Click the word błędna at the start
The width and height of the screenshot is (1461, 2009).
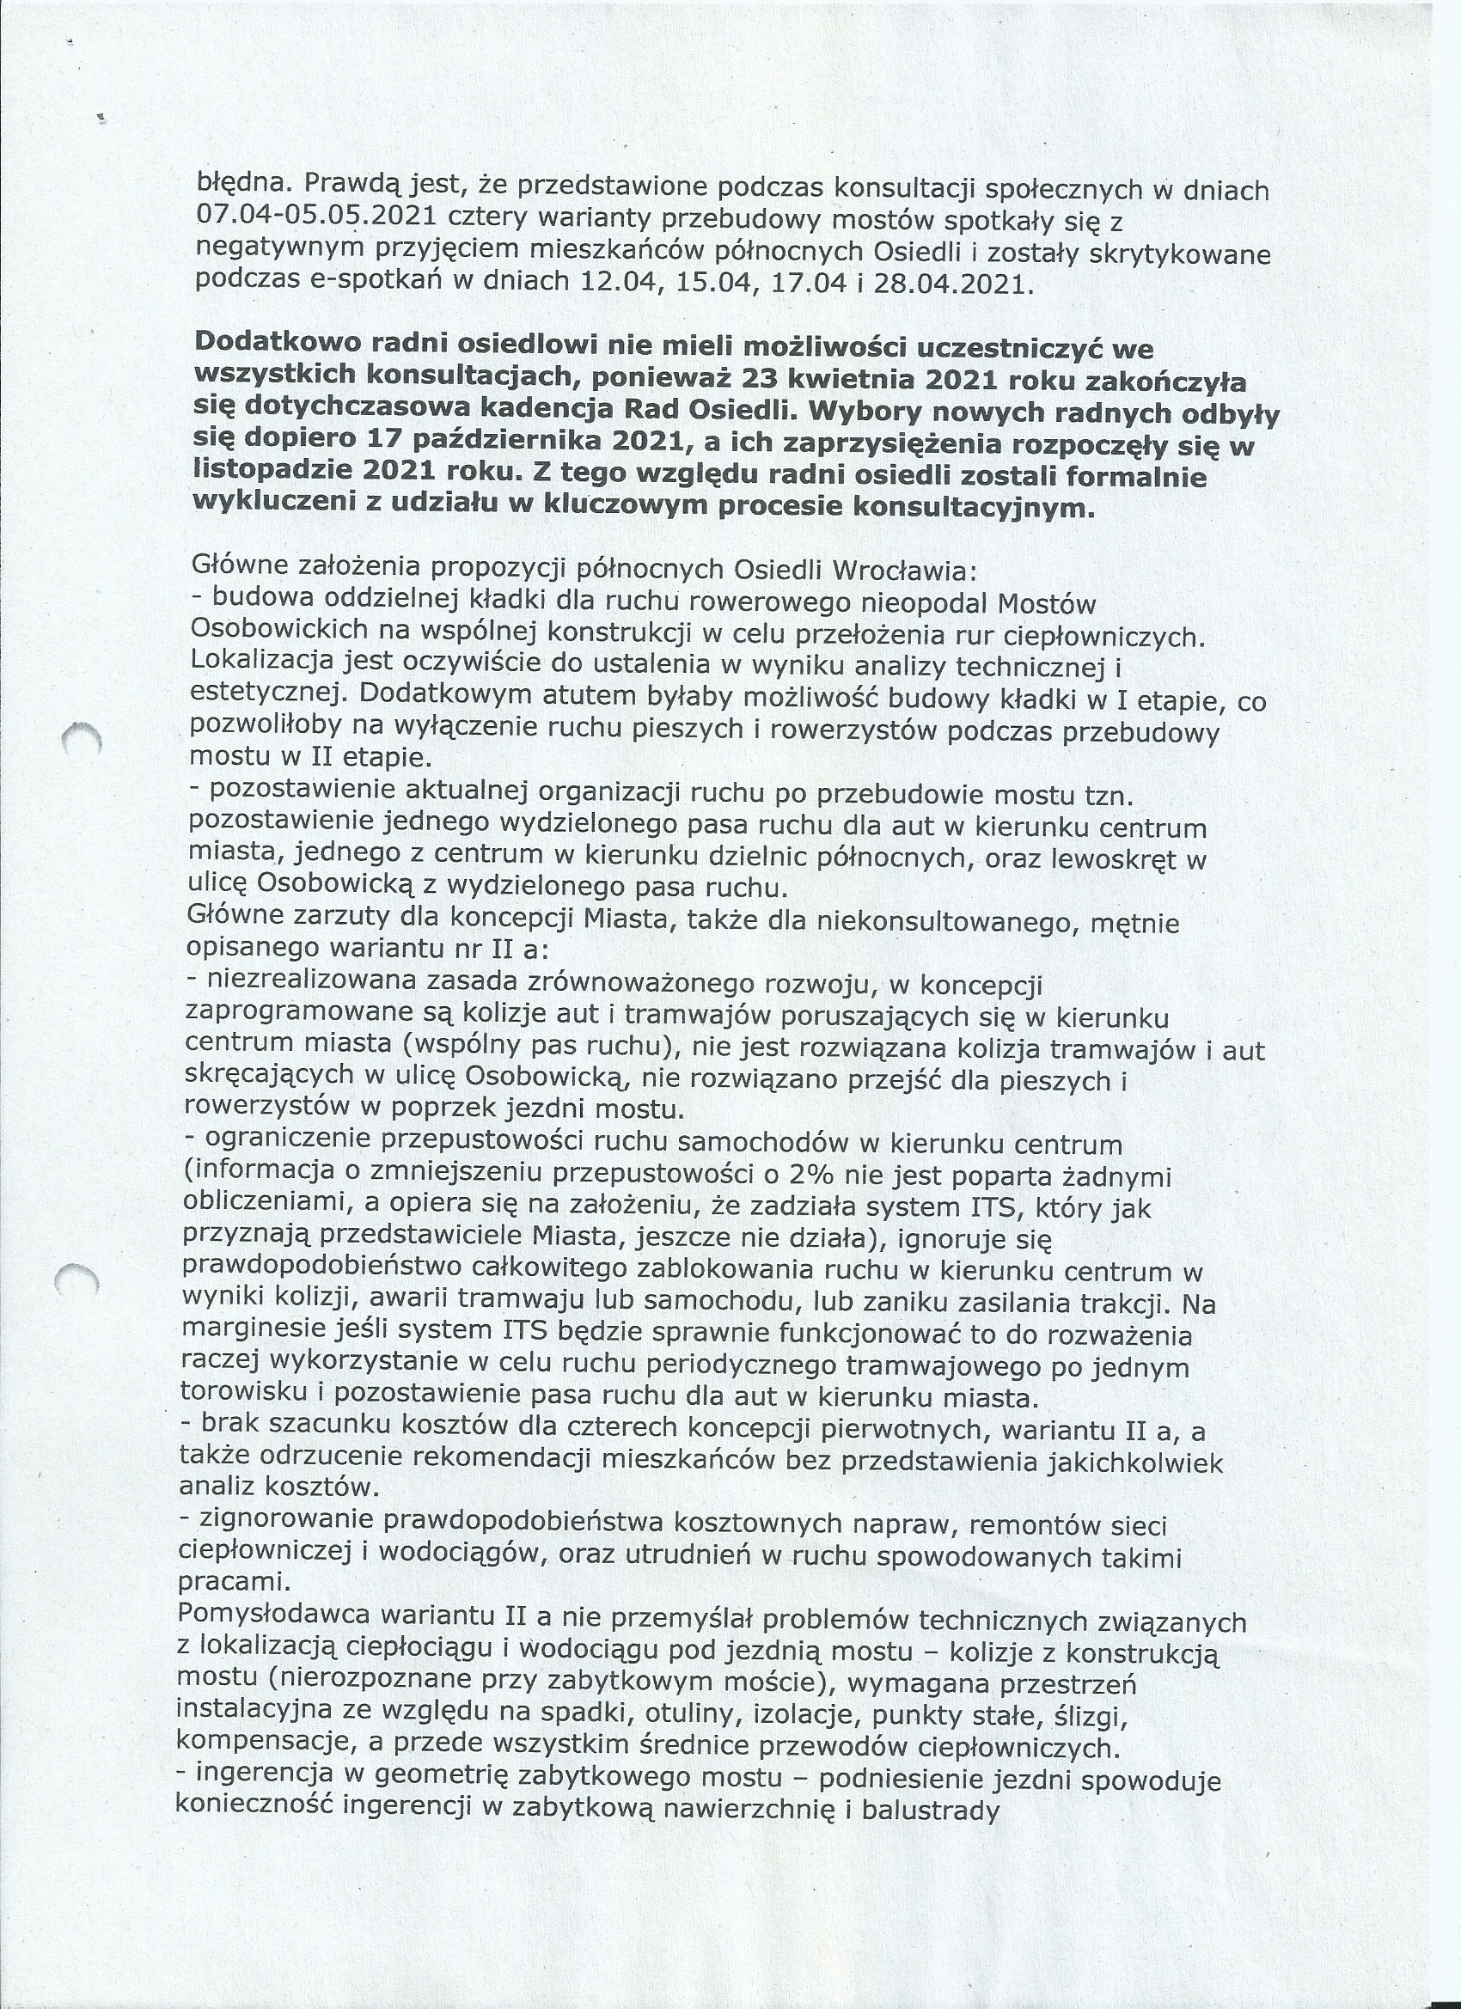pyautogui.click(x=236, y=186)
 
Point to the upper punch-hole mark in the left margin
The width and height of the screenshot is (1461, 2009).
pyautogui.click(x=82, y=737)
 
